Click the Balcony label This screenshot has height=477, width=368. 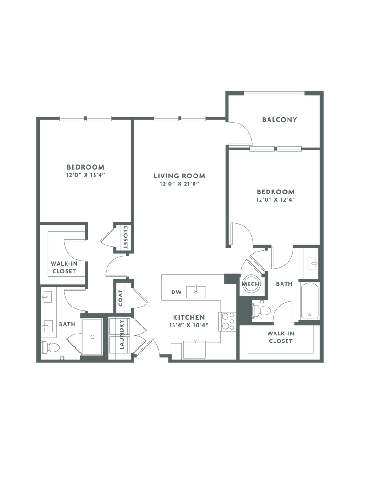(280, 120)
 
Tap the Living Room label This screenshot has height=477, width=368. (179, 176)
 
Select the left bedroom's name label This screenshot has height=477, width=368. (85, 167)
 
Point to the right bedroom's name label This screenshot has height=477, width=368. (275, 191)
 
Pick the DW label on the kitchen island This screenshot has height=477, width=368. (175, 293)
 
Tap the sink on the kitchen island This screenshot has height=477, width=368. (196, 292)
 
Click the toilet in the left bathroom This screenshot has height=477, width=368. (51, 348)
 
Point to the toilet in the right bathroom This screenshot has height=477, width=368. (263, 311)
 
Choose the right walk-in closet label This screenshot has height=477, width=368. (281, 337)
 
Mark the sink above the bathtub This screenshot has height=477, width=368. (311, 264)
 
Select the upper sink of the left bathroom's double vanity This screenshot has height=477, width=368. (47, 296)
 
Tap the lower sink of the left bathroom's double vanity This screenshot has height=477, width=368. (47, 325)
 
